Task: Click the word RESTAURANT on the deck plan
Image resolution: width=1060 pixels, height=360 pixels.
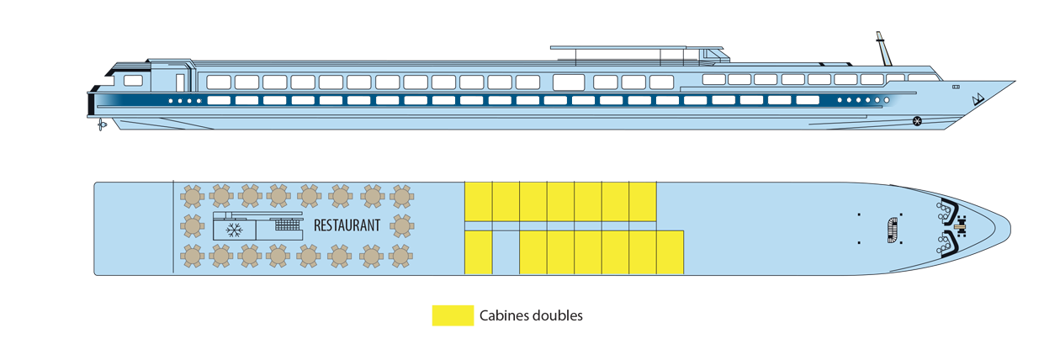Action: pos(347,225)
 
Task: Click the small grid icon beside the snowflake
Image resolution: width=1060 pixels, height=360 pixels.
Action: pos(287,225)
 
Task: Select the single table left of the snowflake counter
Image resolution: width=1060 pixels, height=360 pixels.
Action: pos(193,226)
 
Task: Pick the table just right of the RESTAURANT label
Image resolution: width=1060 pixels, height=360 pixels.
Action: pos(401,225)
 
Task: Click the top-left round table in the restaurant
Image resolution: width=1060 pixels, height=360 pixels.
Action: pos(193,197)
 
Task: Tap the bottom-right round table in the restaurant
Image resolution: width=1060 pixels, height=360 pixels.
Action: pos(401,255)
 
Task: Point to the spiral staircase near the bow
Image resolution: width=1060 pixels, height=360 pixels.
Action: pos(892,229)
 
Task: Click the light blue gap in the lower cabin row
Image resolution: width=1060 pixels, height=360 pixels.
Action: pos(505,252)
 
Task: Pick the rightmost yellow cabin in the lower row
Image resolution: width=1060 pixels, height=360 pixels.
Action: pos(670,252)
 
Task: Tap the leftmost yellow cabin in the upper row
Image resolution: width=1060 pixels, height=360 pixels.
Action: pos(478,201)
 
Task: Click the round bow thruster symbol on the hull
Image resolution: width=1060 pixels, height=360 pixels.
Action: pos(916,121)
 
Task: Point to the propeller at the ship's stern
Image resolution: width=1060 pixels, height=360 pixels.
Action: pos(102,124)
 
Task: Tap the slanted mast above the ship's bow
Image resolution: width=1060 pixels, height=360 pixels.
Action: pos(882,49)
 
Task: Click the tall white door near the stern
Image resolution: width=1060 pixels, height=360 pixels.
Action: pos(180,82)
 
